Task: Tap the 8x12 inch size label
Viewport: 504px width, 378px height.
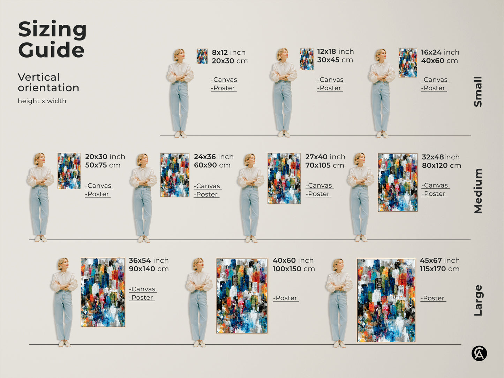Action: pyautogui.click(x=228, y=52)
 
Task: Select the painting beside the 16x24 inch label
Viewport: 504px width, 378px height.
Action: pyautogui.click(x=408, y=63)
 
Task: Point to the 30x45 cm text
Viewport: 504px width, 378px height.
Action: pyautogui.click(x=335, y=60)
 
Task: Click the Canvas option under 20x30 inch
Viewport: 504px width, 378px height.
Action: pyautogui.click(x=99, y=186)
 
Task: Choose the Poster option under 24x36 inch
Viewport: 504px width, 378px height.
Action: pyautogui.click(x=206, y=195)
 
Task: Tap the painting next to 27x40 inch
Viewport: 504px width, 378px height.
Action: pyautogui.click(x=284, y=178)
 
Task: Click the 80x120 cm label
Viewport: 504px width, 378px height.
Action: pyautogui.click(x=441, y=166)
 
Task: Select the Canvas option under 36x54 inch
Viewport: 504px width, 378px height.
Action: pyautogui.click(x=143, y=289)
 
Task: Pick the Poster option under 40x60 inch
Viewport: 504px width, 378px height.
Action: pyautogui.click(x=286, y=298)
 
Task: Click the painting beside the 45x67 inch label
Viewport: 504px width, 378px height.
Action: pyautogui.click(x=386, y=300)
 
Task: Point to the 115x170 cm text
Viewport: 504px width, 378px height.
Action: pyautogui.click(x=439, y=269)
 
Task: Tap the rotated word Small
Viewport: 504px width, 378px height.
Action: pyautogui.click(x=478, y=91)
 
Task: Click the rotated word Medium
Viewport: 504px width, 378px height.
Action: pyautogui.click(x=478, y=191)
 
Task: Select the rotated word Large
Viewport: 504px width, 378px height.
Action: pyautogui.click(x=478, y=300)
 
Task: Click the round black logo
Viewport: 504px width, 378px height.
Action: pyautogui.click(x=479, y=353)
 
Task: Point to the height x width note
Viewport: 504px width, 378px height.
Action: pyautogui.click(x=42, y=101)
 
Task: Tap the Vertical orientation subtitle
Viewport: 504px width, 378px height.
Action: pyautogui.click(x=48, y=82)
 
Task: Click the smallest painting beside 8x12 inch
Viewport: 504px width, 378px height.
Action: pyautogui.click(x=202, y=56)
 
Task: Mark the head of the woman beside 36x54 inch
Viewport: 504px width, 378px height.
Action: pyautogui.click(x=63, y=264)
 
